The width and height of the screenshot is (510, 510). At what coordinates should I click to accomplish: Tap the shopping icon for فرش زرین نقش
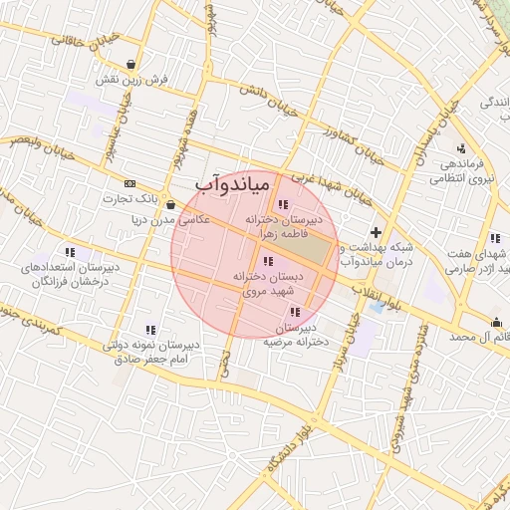(x=131, y=63)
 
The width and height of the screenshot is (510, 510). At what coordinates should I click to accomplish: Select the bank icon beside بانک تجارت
(x=129, y=183)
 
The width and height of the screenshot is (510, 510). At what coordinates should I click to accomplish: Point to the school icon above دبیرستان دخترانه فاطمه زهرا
(x=282, y=204)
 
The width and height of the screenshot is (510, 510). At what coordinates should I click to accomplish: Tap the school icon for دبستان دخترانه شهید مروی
(x=267, y=262)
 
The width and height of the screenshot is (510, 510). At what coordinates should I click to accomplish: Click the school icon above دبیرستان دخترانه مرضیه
(x=292, y=313)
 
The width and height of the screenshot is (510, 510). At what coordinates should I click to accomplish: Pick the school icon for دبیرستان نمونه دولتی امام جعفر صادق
(x=150, y=329)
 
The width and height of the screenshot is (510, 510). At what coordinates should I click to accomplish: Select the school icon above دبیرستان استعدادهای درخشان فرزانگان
(x=69, y=252)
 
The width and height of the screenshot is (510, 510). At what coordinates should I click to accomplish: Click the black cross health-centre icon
(x=376, y=232)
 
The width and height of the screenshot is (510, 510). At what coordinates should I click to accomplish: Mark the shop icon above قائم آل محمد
(x=496, y=321)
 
